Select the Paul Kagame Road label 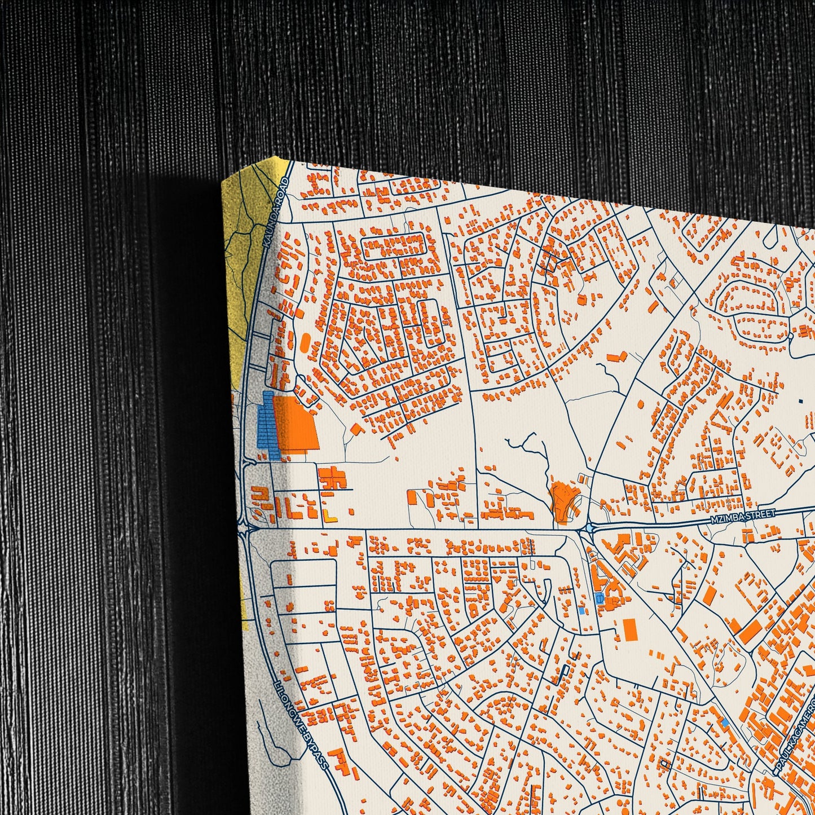796,733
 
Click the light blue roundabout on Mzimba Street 589,528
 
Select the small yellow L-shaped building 330,516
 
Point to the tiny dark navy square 800,400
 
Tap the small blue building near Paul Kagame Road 725,721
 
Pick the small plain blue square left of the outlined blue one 582,610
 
